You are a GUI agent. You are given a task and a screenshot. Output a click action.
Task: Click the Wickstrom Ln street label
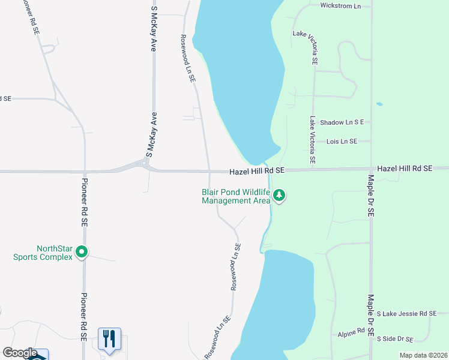click(340, 6)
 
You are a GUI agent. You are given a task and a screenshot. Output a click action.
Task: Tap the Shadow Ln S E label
click(342, 122)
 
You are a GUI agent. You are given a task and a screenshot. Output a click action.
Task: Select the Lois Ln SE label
click(342, 142)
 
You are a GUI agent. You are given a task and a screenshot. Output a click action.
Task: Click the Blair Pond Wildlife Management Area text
click(236, 197)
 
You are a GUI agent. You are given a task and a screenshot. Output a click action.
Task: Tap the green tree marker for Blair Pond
click(279, 196)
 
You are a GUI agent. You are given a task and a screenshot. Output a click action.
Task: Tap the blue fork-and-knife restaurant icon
click(109, 339)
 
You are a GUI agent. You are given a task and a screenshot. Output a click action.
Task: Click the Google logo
click(20, 353)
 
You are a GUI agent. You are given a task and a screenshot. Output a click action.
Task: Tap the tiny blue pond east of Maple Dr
click(379, 104)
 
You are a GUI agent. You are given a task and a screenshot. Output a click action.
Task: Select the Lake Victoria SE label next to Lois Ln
click(313, 141)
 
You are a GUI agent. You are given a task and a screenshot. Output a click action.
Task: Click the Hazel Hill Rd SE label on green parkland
click(405, 169)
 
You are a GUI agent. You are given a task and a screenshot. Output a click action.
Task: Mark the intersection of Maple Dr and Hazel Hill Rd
click(372, 169)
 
